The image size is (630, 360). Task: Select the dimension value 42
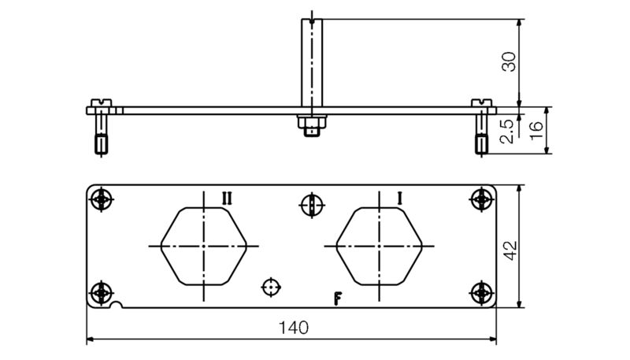[510, 251]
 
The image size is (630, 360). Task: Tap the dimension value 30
[510, 61]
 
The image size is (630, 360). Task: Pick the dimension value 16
[536, 129]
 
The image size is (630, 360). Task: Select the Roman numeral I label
[399, 199]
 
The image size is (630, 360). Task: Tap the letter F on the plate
[338, 298]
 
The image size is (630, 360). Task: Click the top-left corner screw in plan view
[101, 200]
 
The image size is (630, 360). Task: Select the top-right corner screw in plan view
[480, 200]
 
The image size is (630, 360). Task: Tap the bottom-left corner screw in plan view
[101, 293]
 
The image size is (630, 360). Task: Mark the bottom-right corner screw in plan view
[480, 293]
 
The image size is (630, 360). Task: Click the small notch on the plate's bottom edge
[118, 306]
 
